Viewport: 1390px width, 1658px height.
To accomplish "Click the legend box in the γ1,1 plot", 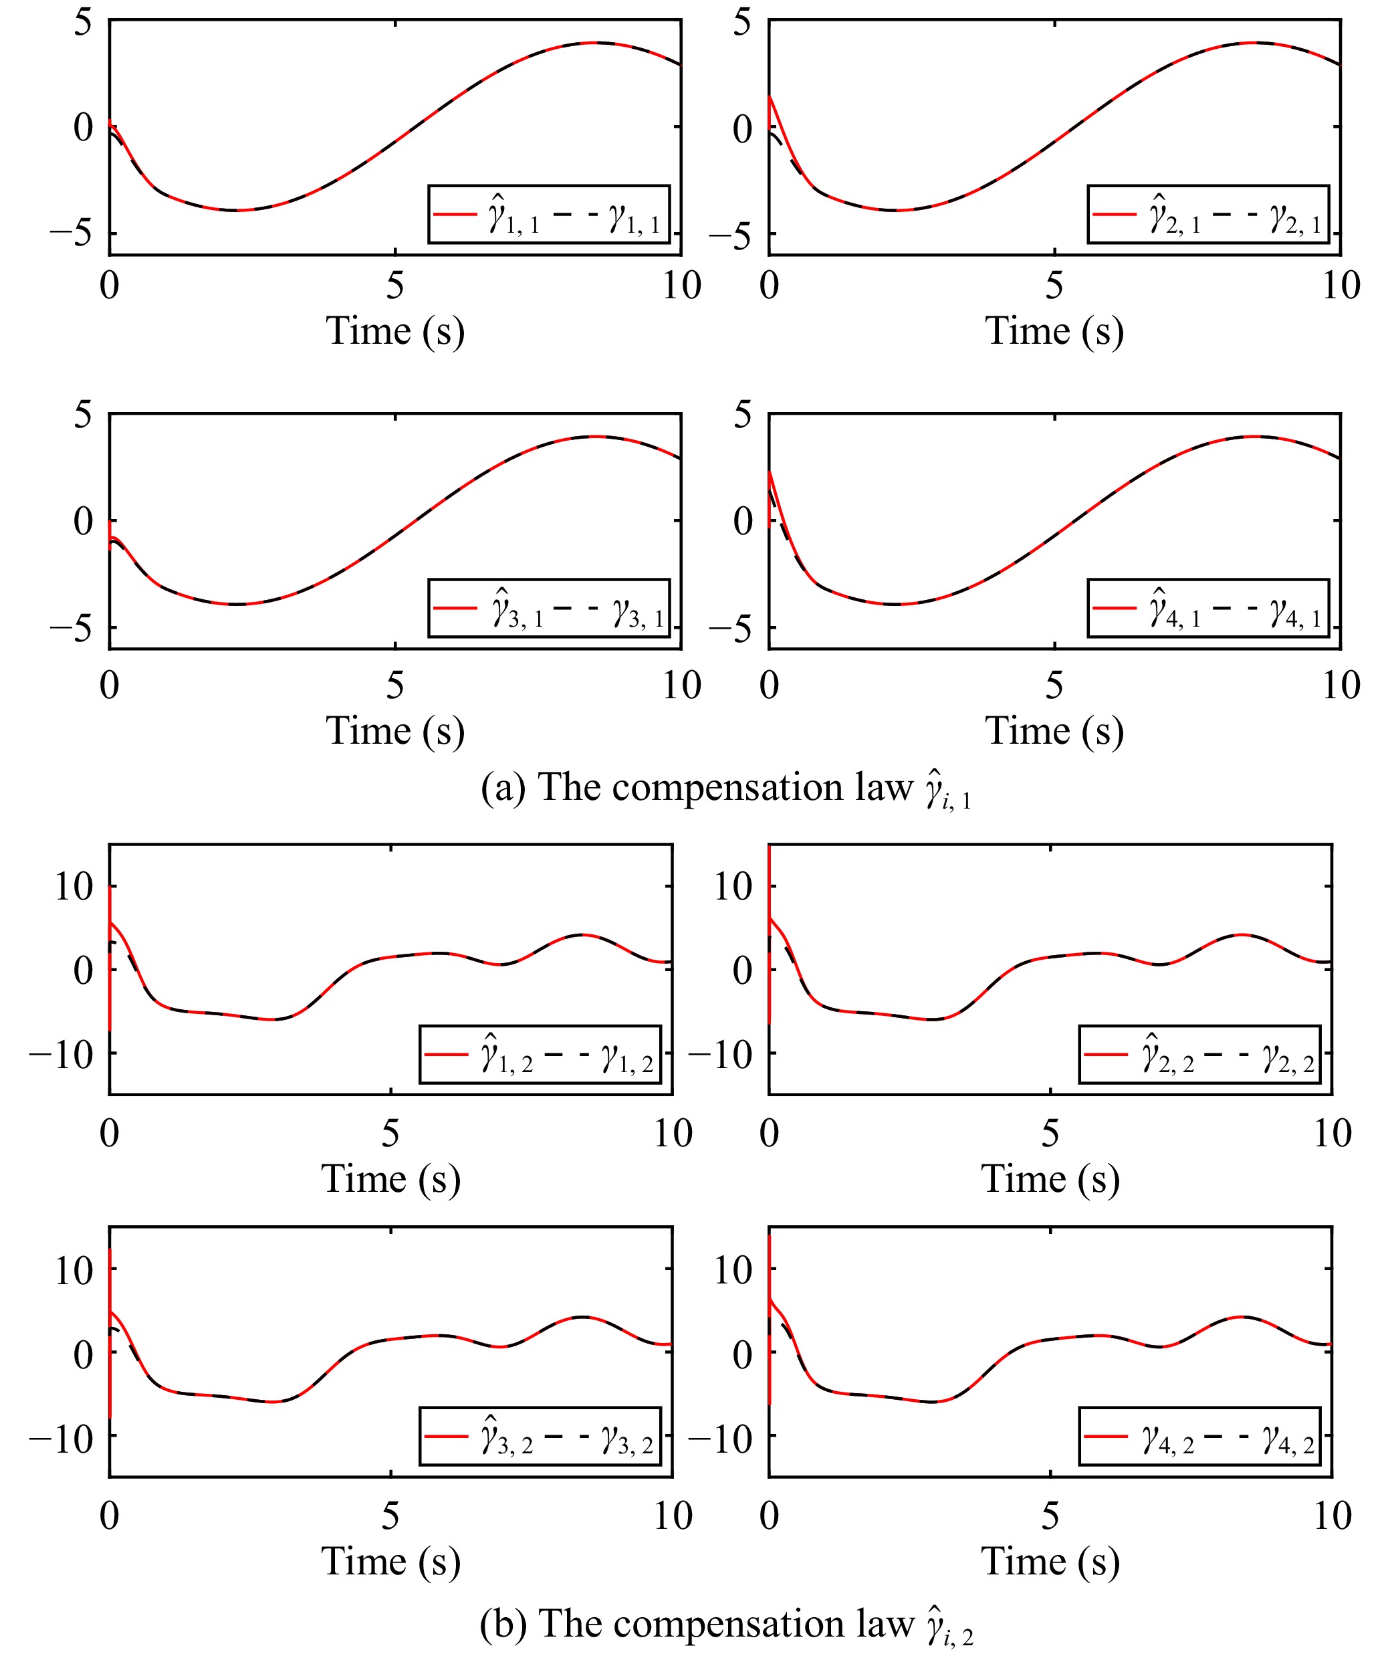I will [x=549, y=214].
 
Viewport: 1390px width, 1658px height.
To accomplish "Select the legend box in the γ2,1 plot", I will [x=1207, y=214].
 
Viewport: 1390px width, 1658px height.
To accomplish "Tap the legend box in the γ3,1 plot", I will [x=549, y=608].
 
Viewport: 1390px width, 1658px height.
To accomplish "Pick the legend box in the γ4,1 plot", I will [x=1207, y=608].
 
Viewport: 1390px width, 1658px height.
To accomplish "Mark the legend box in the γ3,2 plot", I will [x=540, y=1435].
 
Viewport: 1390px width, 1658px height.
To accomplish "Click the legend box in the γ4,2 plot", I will [x=1199, y=1435].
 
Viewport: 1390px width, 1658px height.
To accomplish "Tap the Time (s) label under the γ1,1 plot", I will [x=394, y=330].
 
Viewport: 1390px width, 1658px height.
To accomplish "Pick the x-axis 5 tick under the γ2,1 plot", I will [x=1054, y=286].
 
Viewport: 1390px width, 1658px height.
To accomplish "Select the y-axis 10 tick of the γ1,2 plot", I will [x=74, y=887].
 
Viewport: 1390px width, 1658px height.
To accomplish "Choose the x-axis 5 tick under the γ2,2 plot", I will [x=1050, y=1134].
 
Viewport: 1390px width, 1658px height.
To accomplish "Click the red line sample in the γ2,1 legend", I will [x=1115, y=213].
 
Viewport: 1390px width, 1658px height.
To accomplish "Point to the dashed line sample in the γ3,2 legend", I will [x=565, y=1435].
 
